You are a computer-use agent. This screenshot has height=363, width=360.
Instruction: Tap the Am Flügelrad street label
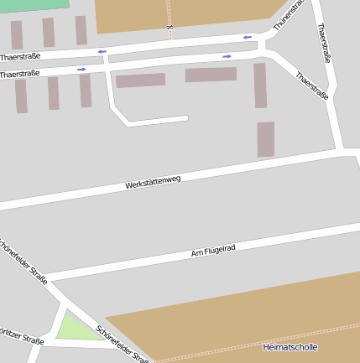(x=213, y=249)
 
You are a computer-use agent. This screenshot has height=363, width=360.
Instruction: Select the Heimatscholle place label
(x=290, y=346)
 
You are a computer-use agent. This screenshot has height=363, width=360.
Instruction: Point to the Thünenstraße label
(x=287, y=15)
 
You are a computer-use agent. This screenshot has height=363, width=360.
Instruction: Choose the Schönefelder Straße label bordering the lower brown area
(x=123, y=345)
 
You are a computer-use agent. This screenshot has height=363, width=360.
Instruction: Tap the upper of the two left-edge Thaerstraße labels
(x=20, y=57)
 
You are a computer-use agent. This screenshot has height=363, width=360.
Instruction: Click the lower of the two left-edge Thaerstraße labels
(x=20, y=75)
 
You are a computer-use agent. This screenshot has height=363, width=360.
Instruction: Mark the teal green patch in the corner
(x=34, y=4)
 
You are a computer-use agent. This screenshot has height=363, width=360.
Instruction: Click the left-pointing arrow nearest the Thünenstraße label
(x=248, y=37)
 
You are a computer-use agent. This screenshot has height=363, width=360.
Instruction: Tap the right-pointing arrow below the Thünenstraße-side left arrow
(x=227, y=56)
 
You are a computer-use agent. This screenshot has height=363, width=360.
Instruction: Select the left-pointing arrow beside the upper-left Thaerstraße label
(x=102, y=52)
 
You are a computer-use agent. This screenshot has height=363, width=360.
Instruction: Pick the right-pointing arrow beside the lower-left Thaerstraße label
(x=81, y=70)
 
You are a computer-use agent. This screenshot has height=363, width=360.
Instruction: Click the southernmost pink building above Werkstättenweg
(x=265, y=139)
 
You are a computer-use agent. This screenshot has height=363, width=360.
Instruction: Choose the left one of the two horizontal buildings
(x=140, y=80)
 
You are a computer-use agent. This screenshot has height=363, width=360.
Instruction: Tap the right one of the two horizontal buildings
(x=211, y=75)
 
